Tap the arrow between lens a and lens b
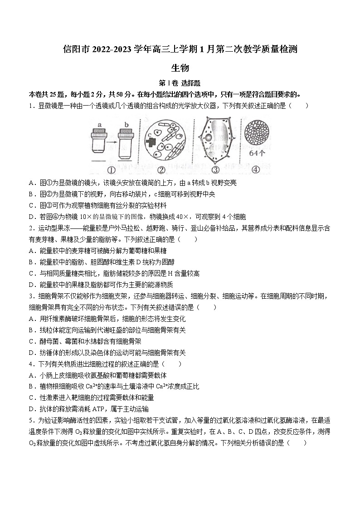click(x=113, y=136)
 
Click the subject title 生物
click(x=180, y=68)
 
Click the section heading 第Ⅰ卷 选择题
click(x=180, y=84)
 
